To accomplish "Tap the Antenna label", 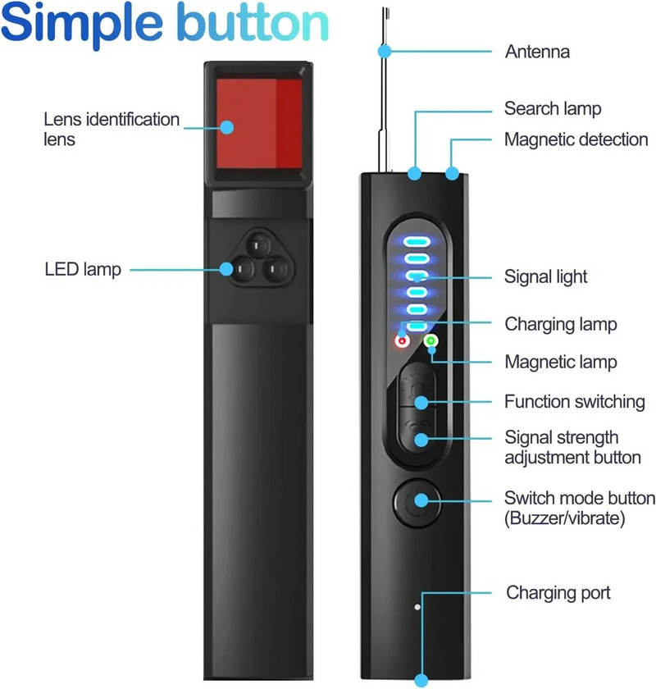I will click(x=537, y=52).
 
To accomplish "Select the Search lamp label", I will click(x=553, y=109).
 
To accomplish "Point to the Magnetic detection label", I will click(x=576, y=140).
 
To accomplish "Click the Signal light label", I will click(x=545, y=278).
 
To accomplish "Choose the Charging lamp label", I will click(x=560, y=325).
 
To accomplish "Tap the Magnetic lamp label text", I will click(x=560, y=362).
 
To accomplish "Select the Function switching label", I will click(x=574, y=402).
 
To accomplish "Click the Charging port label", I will click(x=558, y=592).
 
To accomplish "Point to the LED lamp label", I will click(x=83, y=269).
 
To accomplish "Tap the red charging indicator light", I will click(x=402, y=340).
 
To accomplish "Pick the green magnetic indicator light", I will click(x=431, y=340).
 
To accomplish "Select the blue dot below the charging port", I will click(x=421, y=680).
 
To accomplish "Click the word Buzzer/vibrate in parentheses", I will click(x=567, y=518).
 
